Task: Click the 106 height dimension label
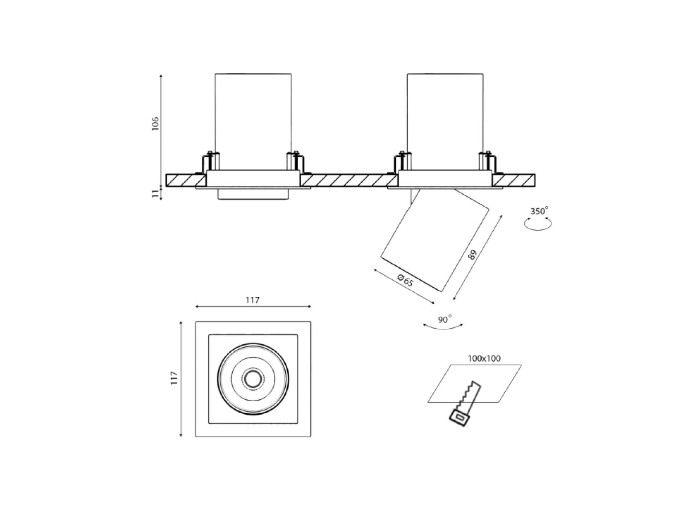point(155,124)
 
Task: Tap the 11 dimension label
point(156,193)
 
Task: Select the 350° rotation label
point(539,211)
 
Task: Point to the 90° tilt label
point(444,319)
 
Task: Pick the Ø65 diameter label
point(405,280)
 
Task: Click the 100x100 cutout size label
point(484,358)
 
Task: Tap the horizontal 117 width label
point(252,300)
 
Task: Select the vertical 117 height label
point(175,378)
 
